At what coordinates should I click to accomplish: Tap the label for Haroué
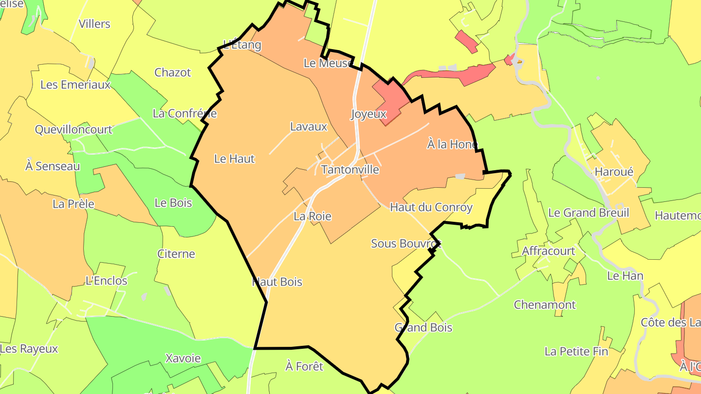point(614,172)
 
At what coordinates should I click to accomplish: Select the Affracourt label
point(548,251)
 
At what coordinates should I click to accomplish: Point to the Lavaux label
point(309,127)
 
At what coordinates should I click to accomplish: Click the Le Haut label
point(234,159)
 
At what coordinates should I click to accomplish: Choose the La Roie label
point(312,216)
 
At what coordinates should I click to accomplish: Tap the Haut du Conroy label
point(431,207)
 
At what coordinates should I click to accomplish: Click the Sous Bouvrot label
point(406,243)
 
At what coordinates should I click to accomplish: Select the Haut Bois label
point(277,282)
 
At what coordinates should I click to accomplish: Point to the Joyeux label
point(369,114)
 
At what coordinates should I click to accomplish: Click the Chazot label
point(173,72)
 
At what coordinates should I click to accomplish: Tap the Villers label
point(94,24)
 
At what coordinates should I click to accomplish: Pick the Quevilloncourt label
point(74,129)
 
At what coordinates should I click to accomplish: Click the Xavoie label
point(183,358)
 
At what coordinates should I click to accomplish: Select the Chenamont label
point(545,305)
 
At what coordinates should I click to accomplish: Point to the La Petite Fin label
point(576,351)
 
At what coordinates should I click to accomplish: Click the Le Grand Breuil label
point(589,213)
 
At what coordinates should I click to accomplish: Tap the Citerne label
point(176,254)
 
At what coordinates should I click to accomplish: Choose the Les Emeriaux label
point(75,85)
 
